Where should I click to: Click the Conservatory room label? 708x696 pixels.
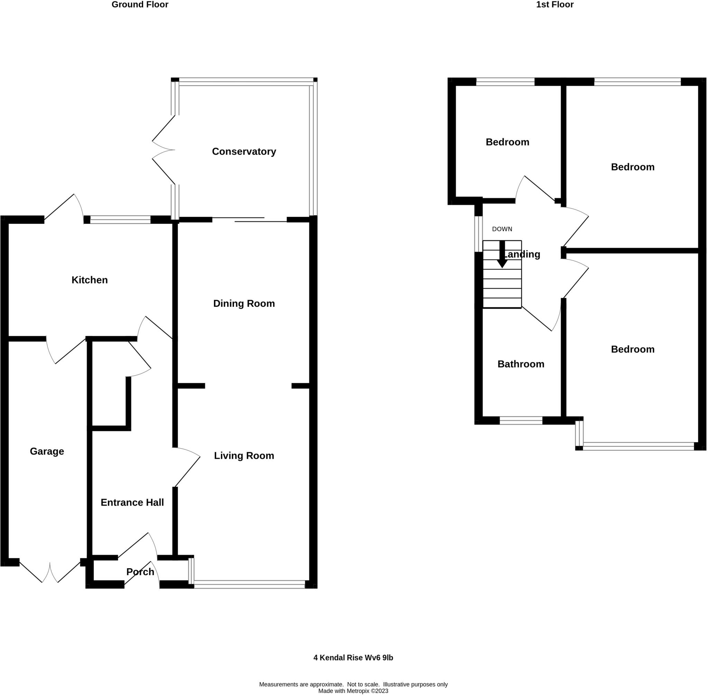pyautogui.click(x=244, y=151)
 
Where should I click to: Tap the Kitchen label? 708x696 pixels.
pyautogui.click(x=90, y=280)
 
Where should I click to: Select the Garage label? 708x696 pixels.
pyautogui.click(x=47, y=451)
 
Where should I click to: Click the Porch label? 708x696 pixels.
pyautogui.click(x=140, y=571)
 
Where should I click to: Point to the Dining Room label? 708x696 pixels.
pyautogui.click(x=244, y=303)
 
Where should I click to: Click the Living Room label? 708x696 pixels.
pyautogui.click(x=244, y=455)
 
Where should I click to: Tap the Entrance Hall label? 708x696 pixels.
pyautogui.click(x=132, y=502)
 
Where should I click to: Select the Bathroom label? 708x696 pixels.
pyautogui.click(x=520, y=364)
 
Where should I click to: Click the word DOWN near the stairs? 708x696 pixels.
pyautogui.click(x=502, y=229)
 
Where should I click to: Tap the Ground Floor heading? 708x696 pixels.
pyautogui.click(x=140, y=5)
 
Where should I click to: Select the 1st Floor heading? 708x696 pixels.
pyautogui.click(x=555, y=5)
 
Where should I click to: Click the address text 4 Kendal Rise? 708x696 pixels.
pyautogui.click(x=353, y=658)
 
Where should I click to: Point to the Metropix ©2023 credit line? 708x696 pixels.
pyautogui.click(x=353, y=691)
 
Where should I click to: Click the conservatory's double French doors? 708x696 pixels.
pyautogui.click(x=163, y=150)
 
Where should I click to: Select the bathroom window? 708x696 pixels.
pyautogui.click(x=521, y=421)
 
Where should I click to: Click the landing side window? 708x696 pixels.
pyautogui.click(x=478, y=234)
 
